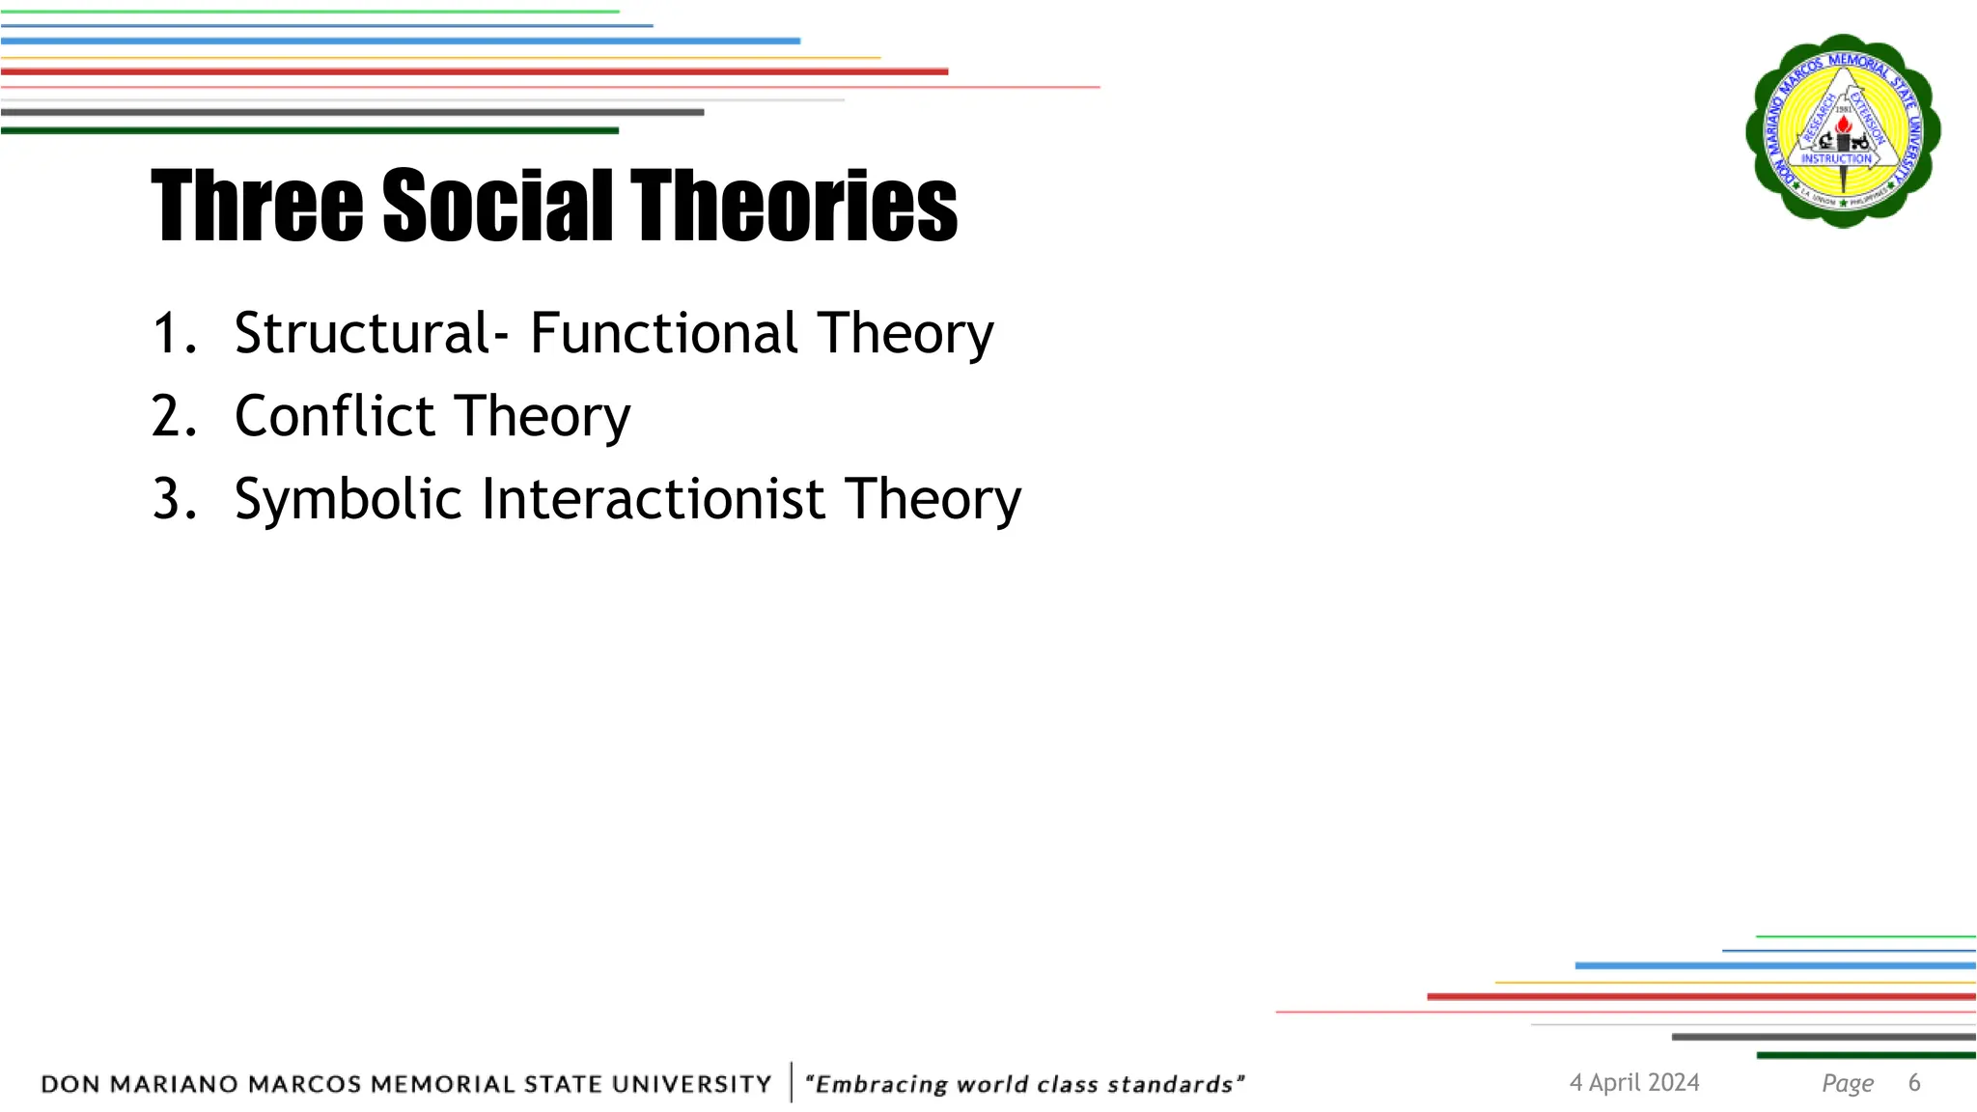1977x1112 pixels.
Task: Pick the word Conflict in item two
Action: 335,416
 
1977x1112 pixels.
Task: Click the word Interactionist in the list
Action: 653,499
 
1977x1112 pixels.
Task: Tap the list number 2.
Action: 174,416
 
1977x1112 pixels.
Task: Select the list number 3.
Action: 174,499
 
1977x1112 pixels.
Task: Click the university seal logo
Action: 1843,130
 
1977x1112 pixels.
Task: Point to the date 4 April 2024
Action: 1634,1082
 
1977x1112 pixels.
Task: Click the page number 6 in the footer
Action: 1914,1082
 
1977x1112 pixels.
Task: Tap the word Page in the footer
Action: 1848,1083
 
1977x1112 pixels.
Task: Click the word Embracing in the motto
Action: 881,1084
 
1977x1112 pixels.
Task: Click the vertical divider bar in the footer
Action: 792,1082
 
